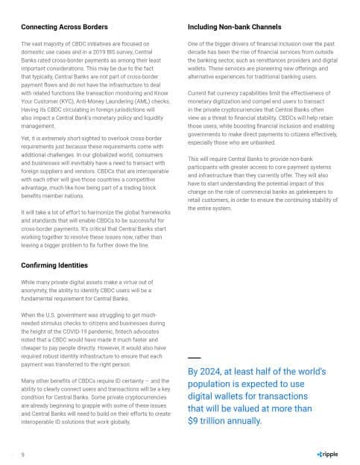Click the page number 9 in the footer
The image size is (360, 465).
click(x=23, y=454)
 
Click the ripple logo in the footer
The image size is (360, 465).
click(x=326, y=454)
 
